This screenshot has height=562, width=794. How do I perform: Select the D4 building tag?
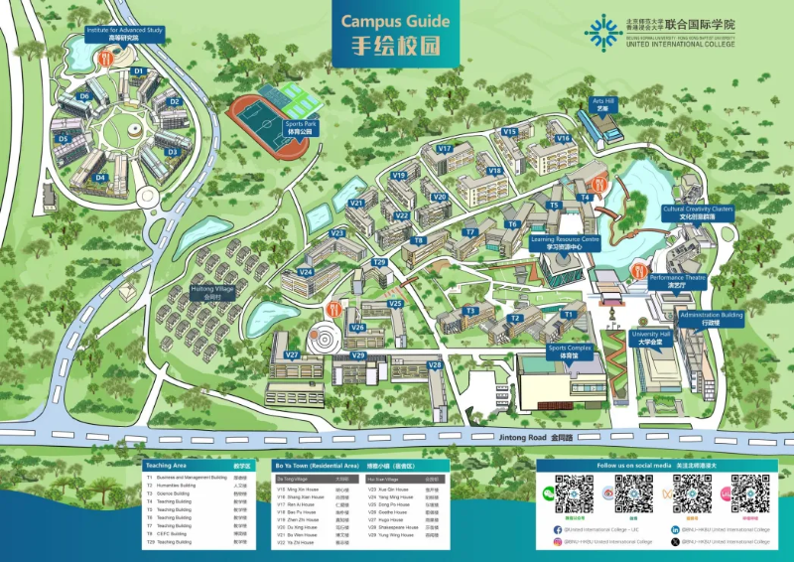(x=100, y=178)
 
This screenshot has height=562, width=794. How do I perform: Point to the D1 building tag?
(x=138, y=71)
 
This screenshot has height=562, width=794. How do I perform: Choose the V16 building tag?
(x=563, y=138)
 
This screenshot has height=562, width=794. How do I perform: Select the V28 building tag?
(x=434, y=365)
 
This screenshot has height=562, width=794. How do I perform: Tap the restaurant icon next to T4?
(x=598, y=185)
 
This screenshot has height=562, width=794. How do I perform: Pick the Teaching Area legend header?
(x=166, y=465)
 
